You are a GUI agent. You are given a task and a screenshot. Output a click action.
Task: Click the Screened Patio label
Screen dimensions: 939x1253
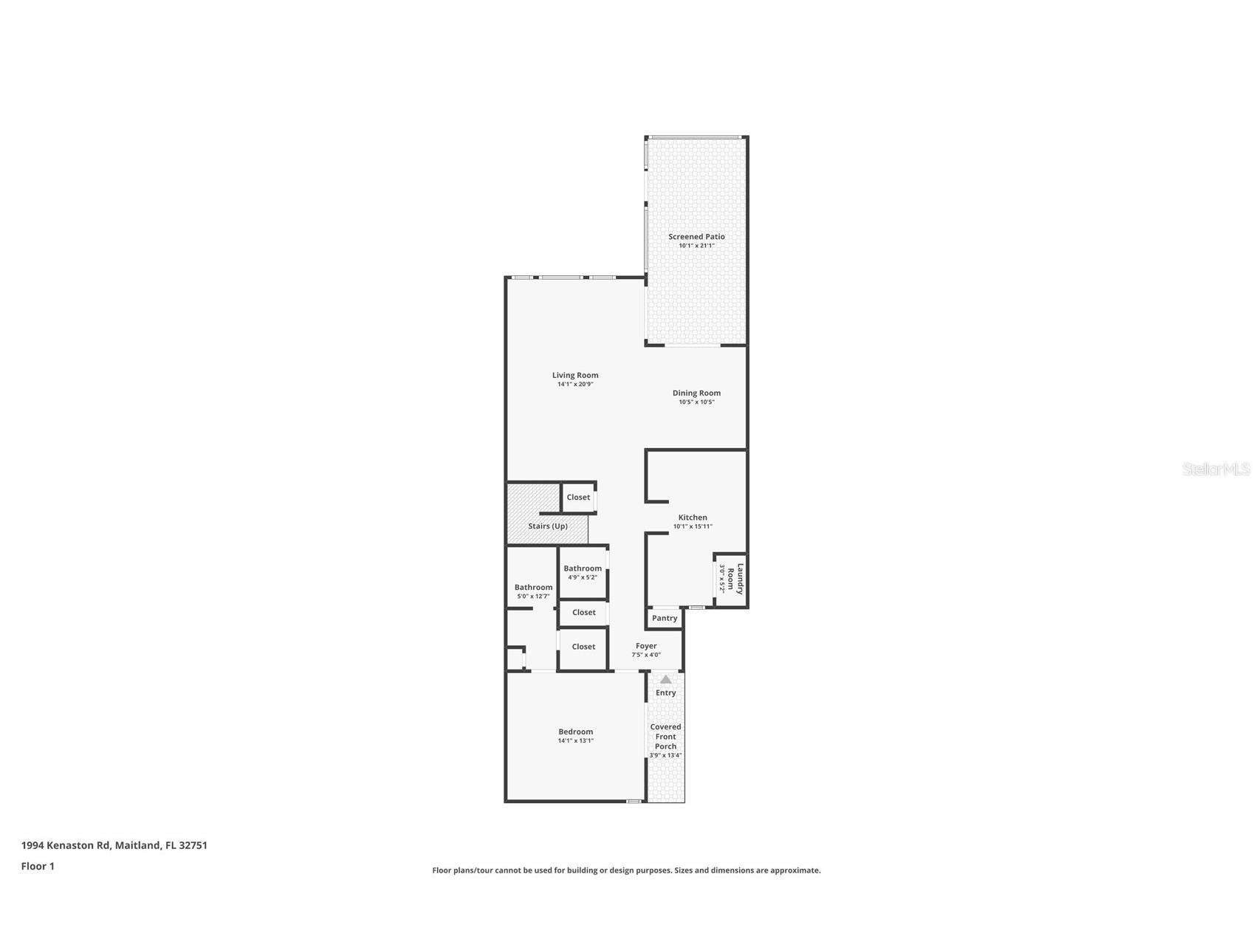click(696, 236)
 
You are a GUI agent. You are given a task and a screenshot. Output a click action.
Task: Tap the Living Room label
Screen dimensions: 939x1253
click(575, 375)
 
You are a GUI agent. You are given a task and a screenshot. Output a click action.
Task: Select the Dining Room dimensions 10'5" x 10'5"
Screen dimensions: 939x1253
click(696, 402)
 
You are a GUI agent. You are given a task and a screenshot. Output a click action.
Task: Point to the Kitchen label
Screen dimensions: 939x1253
click(693, 517)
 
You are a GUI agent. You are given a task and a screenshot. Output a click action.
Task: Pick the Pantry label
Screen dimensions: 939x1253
click(665, 618)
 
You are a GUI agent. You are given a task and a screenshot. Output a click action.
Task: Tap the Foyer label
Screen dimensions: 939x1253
click(646, 646)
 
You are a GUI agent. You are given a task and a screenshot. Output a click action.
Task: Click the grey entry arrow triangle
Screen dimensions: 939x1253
click(665, 679)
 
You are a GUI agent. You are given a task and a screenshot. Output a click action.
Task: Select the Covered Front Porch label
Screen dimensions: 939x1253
click(665, 736)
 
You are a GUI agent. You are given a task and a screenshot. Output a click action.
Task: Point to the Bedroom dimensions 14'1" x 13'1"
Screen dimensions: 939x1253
click(575, 740)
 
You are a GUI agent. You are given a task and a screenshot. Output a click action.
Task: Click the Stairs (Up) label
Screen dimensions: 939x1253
click(548, 526)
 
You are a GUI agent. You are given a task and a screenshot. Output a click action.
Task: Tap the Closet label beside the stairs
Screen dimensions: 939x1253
click(578, 497)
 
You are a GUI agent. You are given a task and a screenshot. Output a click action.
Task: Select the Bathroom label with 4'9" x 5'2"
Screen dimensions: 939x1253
click(583, 568)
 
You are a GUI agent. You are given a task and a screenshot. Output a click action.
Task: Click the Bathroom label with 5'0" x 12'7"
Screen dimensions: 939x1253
click(533, 588)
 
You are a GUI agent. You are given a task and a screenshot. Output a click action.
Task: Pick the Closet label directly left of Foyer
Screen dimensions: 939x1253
click(583, 647)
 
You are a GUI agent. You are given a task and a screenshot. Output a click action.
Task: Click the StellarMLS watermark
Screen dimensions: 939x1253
click(1215, 469)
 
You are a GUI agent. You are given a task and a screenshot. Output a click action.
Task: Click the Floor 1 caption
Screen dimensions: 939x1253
click(38, 866)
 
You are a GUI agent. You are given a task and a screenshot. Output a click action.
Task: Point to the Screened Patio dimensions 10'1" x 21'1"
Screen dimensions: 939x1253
click(696, 246)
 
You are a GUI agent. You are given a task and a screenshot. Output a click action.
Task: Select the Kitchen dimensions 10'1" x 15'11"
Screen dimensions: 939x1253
click(693, 527)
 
